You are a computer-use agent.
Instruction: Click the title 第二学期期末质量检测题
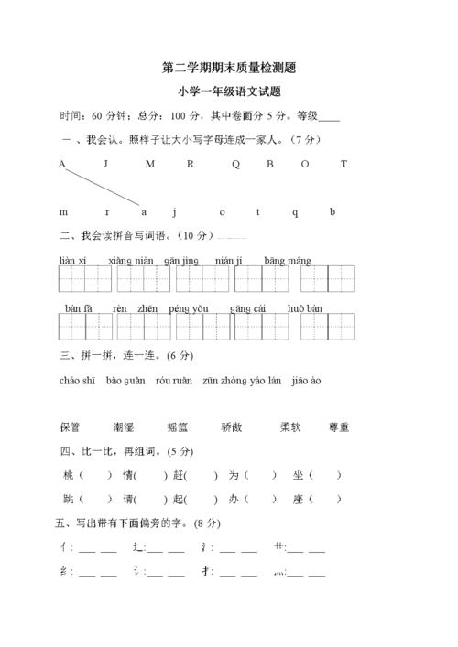(228, 68)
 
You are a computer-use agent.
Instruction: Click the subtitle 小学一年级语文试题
(228, 92)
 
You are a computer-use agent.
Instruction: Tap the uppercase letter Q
(235, 165)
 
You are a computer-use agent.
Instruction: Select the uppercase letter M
(149, 165)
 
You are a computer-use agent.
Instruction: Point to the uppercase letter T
(343, 165)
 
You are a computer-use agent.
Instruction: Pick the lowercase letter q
(295, 212)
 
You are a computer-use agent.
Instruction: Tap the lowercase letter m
(63, 212)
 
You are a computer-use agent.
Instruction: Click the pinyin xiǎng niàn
(130, 261)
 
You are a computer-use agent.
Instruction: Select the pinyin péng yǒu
(189, 309)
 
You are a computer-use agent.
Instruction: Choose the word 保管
(70, 426)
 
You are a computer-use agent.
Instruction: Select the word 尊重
(337, 426)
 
